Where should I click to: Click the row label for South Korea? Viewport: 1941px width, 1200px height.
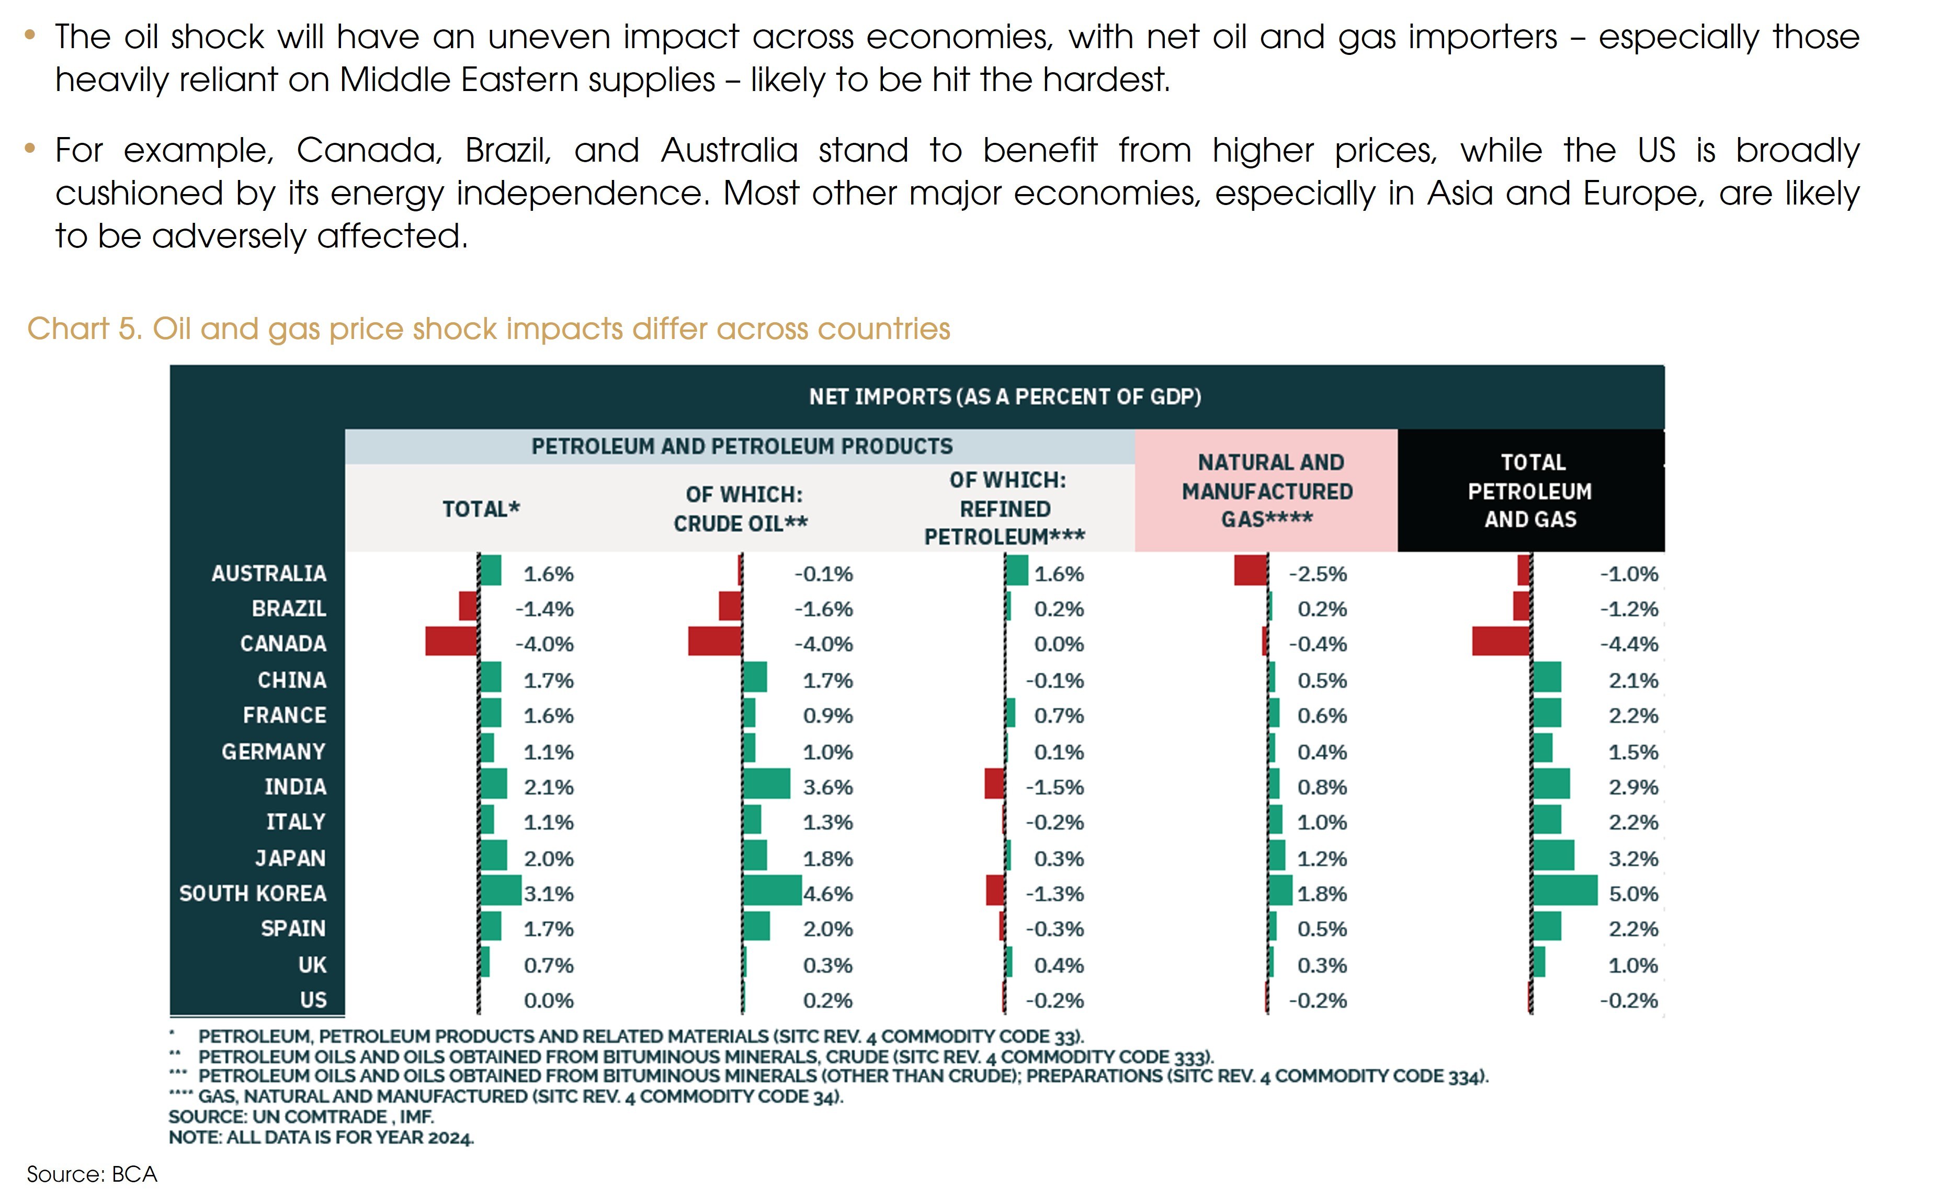252,893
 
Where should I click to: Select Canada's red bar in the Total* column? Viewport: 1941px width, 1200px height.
451,641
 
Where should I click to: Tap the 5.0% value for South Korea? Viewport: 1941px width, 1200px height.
1633,893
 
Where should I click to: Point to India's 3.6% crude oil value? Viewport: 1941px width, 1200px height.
827,787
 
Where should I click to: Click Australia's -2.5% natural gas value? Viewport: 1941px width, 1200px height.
1318,574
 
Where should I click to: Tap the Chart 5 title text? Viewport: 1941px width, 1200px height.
488,329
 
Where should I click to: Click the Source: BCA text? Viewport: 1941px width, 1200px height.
92,1174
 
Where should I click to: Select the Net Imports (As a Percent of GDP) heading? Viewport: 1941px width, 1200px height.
1005,397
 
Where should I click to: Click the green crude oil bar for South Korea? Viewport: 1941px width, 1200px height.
772,890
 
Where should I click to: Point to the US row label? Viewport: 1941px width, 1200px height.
313,1000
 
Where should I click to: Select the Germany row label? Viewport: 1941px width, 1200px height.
273,752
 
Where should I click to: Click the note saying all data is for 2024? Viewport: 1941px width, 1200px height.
321,1137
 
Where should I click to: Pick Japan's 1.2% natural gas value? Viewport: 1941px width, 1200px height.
1321,859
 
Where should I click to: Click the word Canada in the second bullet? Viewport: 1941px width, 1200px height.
369,150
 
